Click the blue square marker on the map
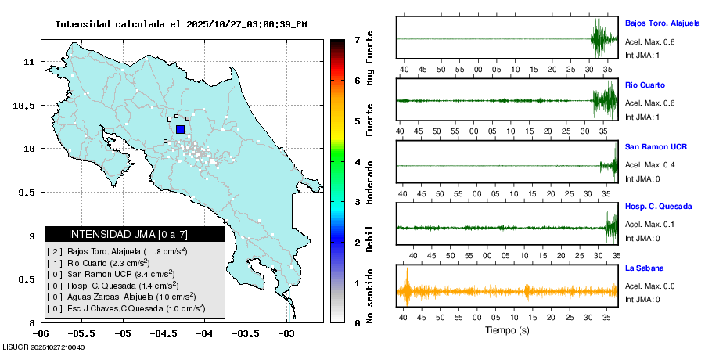coord(180,129)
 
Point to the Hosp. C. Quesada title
coord(658,207)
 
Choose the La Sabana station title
coord(642,268)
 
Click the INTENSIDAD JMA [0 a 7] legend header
coord(135,234)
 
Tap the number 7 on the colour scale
coord(357,39)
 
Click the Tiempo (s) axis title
coord(507,330)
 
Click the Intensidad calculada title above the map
coord(181,24)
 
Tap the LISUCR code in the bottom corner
coord(44,347)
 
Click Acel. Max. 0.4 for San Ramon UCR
coord(649,164)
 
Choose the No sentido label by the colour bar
coord(370,301)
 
